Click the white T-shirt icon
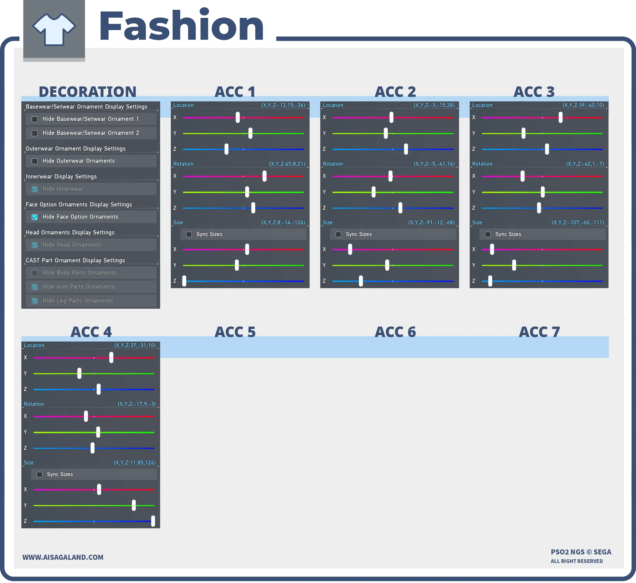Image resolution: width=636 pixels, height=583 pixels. (54, 29)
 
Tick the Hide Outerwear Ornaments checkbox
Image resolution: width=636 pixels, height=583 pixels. (35, 161)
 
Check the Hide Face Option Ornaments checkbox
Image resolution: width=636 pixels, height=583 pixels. (35, 217)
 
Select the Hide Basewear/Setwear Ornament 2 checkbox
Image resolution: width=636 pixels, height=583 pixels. (35, 133)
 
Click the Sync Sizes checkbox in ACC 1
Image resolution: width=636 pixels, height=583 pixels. (189, 234)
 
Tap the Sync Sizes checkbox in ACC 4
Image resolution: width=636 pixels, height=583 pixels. (39, 474)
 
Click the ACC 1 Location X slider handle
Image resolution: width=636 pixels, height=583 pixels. (238, 117)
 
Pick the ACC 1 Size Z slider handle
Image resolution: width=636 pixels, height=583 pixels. (184, 281)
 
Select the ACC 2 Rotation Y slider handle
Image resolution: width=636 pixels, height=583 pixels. (374, 192)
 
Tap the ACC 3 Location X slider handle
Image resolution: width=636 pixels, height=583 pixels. (560, 117)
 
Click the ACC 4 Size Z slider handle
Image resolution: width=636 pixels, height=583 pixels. (153, 521)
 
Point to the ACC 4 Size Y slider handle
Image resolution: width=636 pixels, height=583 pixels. (134, 505)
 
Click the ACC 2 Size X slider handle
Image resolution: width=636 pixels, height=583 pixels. (350, 249)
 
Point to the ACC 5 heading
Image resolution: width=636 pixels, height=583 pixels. (235, 332)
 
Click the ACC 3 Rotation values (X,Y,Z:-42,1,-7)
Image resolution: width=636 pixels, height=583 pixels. (585, 164)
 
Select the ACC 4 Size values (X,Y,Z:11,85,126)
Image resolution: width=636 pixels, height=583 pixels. (135, 463)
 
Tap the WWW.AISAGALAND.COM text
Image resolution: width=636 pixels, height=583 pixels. (63, 557)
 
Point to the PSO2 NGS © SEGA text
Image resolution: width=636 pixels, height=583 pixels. (581, 552)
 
